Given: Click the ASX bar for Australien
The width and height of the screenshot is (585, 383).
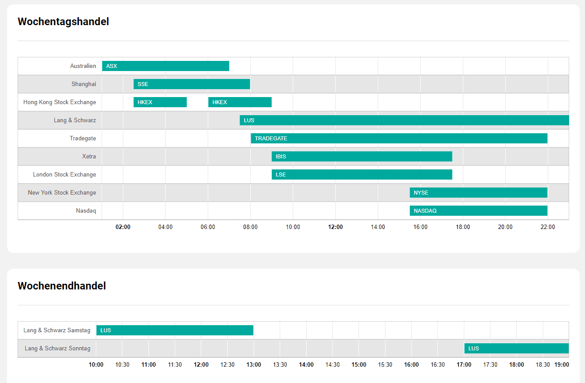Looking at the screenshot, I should [x=166, y=66].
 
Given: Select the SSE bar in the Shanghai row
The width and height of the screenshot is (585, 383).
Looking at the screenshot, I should [x=192, y=84].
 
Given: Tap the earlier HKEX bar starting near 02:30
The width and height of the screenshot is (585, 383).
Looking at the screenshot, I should [x=160, y=102].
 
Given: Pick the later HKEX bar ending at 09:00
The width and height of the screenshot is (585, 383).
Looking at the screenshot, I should [x=240, y=102].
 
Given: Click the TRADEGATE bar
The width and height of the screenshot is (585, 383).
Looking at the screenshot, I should [x=399, y=139].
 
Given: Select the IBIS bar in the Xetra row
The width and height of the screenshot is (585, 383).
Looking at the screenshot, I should [x=362, y=157].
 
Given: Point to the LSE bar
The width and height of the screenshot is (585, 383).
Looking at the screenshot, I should [x=362, y=175].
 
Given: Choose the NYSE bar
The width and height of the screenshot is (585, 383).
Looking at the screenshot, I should [x=478, y=193].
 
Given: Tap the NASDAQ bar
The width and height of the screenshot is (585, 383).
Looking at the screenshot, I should [x=478, y=211].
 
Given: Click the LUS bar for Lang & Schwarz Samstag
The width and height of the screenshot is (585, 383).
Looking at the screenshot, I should [x=175, y=330].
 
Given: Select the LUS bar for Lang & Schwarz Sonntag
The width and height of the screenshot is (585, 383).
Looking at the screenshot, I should [x=516, y=349].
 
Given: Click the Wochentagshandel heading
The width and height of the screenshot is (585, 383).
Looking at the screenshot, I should [x=63, y=22].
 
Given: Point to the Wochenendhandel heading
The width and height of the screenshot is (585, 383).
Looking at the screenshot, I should [x=62, y=286].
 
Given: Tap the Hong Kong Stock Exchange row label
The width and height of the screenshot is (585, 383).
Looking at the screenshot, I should [x=59, y=102].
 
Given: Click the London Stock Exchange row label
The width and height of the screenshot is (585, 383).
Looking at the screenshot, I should [x=64, y=175].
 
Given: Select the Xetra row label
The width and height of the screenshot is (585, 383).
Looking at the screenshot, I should [x=89, y=157].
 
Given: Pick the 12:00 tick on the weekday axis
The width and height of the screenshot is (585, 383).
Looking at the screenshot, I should [x=335, y=227].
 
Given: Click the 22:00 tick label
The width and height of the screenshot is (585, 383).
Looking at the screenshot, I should [x=548, y=227].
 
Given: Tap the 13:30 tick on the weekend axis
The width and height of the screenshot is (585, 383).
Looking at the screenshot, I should [x=280, y=365].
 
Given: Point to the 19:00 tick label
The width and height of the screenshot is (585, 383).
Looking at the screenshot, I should [x=561, y=365].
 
